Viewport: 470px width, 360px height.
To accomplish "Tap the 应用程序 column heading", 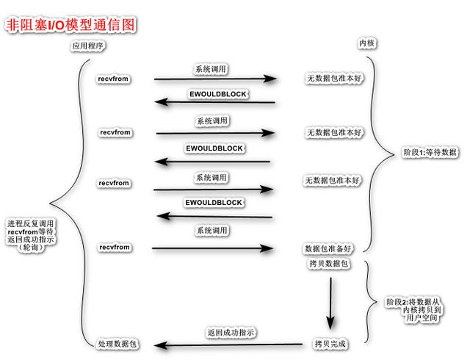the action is pos(89,46).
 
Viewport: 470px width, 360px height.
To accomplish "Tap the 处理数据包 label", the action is pos(117,344).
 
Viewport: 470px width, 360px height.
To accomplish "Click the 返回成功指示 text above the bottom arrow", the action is pos(231,333).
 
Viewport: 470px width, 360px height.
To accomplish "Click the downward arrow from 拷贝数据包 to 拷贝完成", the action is pos(331,301).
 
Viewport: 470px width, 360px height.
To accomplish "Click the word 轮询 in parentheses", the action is pos(33,248).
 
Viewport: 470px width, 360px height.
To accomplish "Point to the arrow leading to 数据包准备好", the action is pos(213,248).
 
